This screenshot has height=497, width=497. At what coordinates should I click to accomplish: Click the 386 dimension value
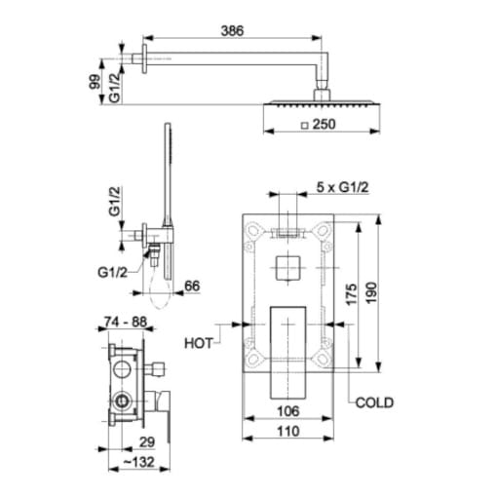[232, 31]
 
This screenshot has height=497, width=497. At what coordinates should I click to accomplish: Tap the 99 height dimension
[95, 82]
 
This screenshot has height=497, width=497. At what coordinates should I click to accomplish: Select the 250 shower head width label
[324, 124]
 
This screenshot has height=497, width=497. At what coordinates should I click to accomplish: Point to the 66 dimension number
[192, 286]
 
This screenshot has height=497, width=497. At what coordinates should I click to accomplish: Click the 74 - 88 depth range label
[126, 322]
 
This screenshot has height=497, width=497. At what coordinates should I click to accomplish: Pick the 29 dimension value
[147, 442]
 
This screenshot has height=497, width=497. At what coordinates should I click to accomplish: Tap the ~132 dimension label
[139, 462]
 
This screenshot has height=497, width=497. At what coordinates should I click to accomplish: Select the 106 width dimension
[288, 411]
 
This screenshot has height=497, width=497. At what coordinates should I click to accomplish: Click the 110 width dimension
[288, 432]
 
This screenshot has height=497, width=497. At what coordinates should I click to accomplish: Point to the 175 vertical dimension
[351, 294]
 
